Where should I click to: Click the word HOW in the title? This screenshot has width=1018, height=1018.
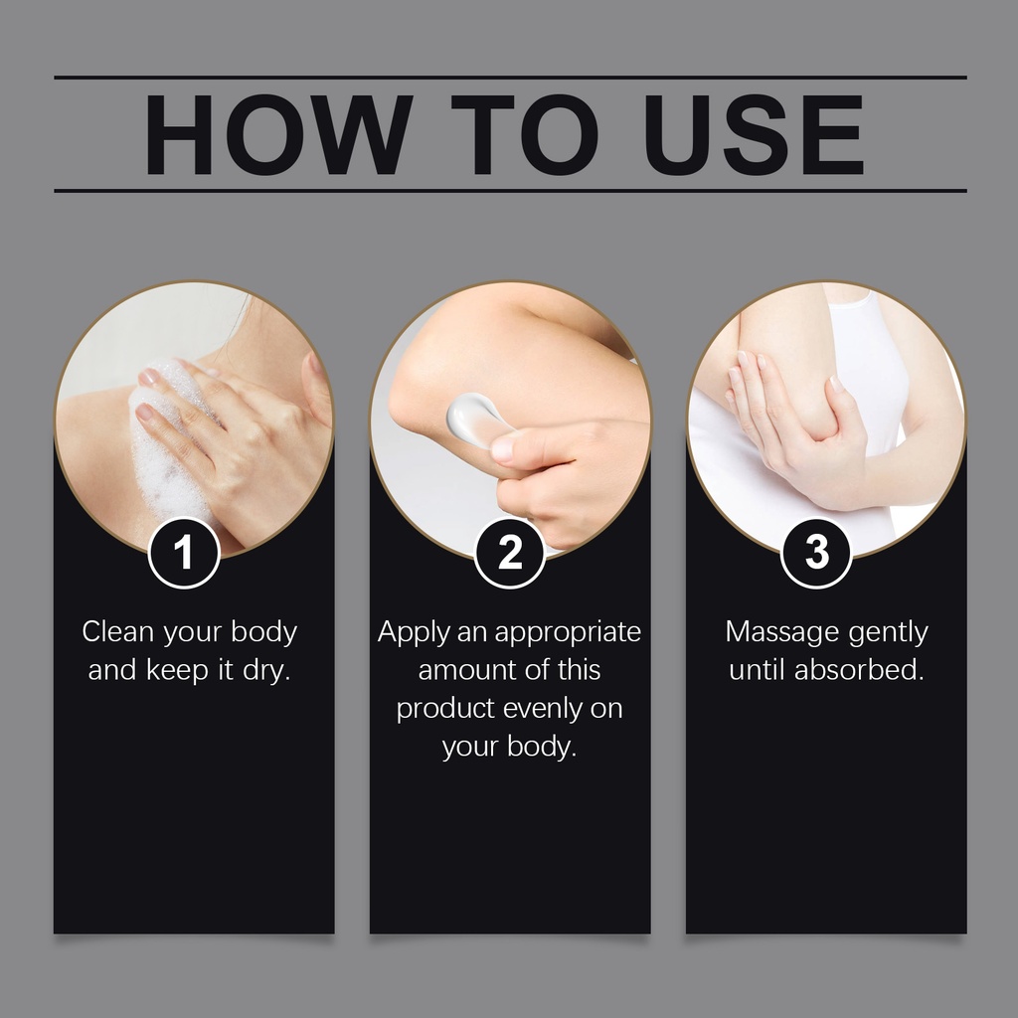[278, 135]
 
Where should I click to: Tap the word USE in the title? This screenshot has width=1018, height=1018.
[755, 135]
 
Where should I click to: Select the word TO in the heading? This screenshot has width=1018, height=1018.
[525, 135]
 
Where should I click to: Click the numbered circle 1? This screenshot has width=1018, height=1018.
[184, 553]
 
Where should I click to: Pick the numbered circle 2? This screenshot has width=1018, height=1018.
[510, 553]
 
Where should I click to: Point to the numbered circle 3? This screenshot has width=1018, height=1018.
[816, 553]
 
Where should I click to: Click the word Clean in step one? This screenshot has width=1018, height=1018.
[118, 631]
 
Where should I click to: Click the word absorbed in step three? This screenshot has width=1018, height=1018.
[858, 669]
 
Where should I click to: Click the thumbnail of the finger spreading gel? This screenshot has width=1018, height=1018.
[504, 448]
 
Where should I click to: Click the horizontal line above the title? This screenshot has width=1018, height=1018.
[510, 78]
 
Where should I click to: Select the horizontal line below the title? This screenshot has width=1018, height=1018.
[510, 191]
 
